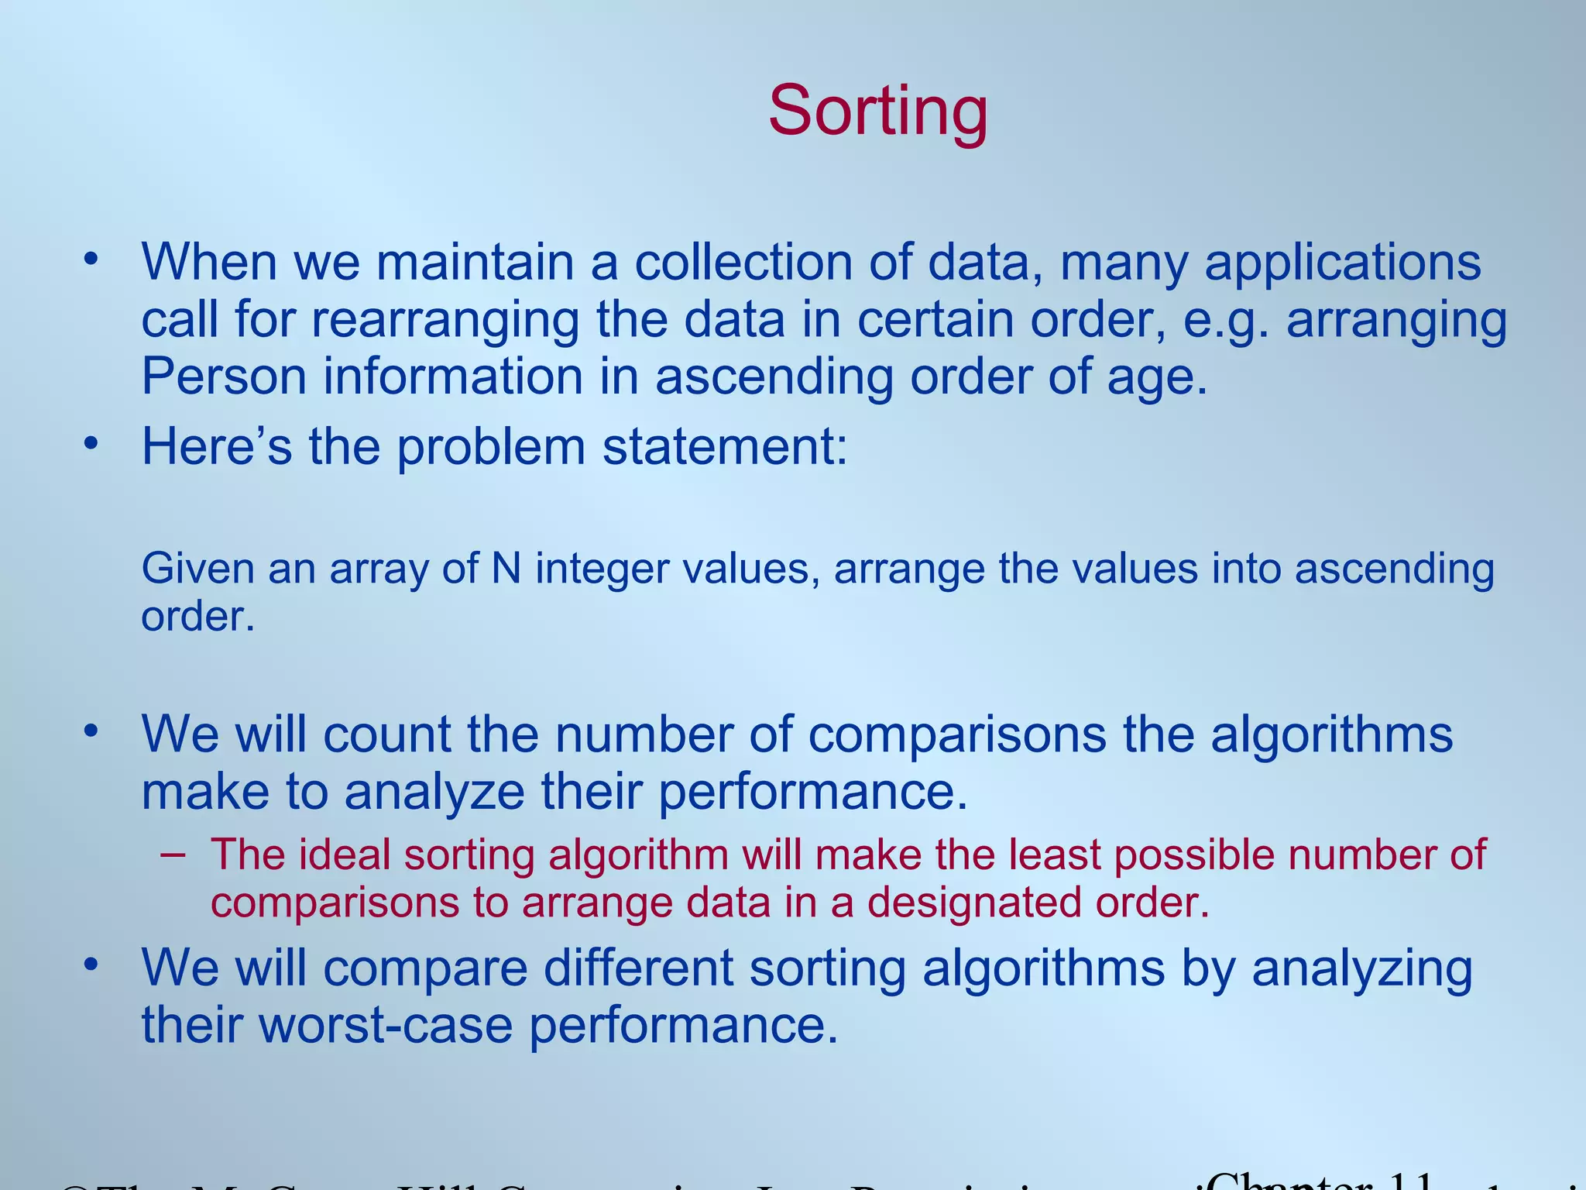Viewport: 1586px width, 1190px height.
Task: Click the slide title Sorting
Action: click(877, 112)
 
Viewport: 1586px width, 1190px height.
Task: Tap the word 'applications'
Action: click(1343, 262)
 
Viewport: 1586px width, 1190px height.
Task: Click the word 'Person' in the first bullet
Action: click(224, 377)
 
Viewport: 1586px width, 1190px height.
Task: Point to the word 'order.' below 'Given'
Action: click(197, 617)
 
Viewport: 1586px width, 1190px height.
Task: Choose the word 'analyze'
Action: click(434, 792)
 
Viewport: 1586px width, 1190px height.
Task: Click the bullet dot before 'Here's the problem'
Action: click(91, 443)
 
